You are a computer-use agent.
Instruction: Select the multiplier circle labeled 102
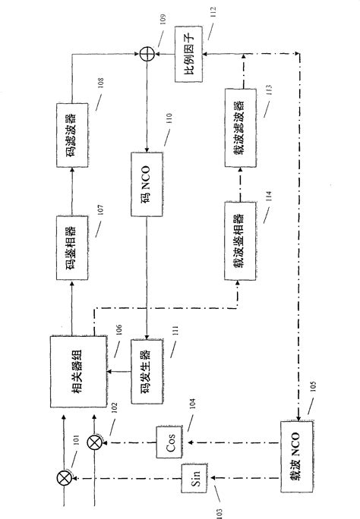pos(95,442)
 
